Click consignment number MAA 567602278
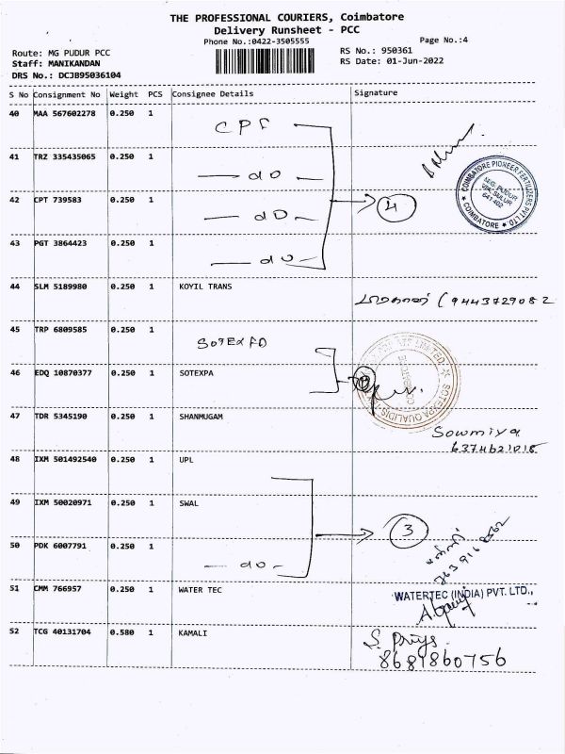[x=64, y=114]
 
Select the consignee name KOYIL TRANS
[x=204, y=286]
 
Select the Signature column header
[x=376, y=94]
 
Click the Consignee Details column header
[x=214, y=94]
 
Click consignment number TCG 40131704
[x=64, y=632]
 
